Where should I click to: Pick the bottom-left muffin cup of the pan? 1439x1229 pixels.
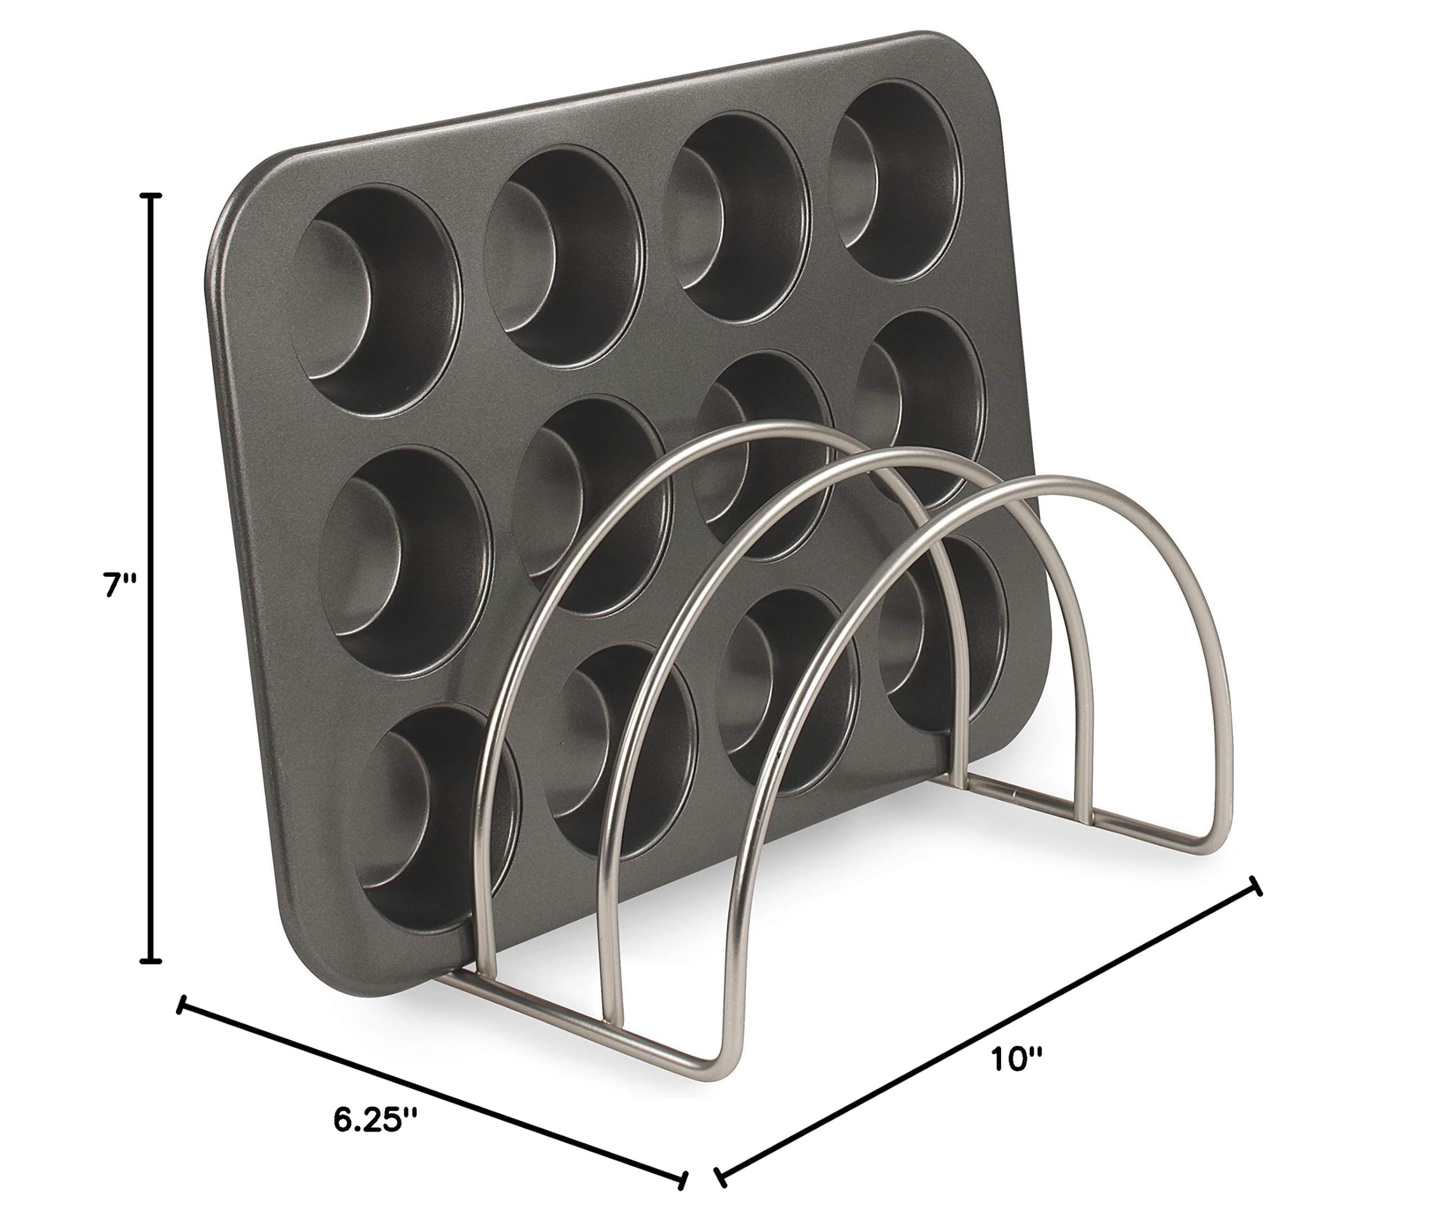pyautogui.click(x=437, y=813)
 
